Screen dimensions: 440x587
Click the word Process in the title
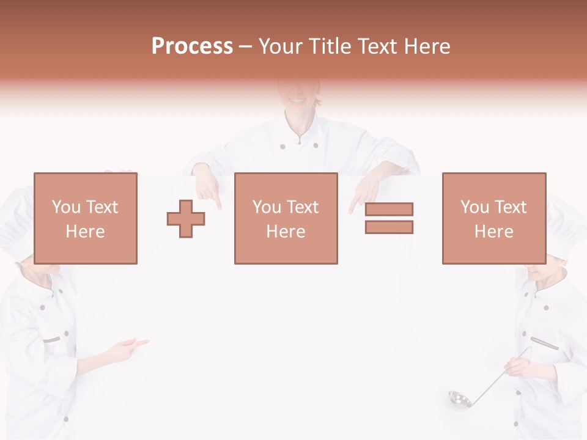192,46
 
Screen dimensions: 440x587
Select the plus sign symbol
186,219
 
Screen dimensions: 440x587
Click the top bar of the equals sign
389,209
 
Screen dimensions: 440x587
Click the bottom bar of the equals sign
389,227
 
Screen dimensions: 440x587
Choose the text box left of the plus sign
85,218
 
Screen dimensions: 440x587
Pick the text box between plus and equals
286,218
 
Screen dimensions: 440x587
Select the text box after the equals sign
493,218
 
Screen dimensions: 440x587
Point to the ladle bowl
459,400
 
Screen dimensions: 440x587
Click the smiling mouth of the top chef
297,100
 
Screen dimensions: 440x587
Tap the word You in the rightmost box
474,207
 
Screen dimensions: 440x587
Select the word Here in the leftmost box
85,232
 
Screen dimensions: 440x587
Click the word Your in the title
282,46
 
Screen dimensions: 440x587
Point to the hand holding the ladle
517,367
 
